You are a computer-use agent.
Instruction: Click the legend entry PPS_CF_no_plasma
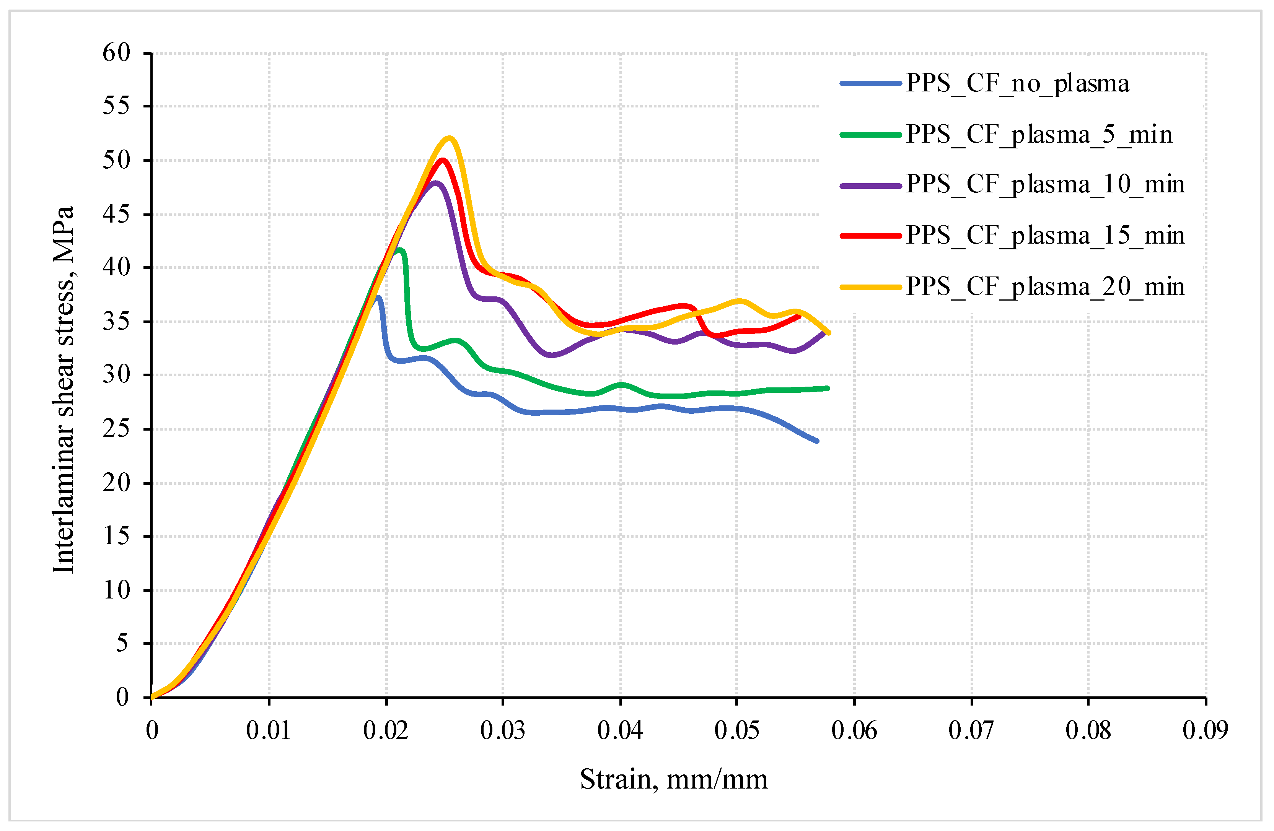[1017, 83]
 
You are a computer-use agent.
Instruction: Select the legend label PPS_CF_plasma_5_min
[1038, 134]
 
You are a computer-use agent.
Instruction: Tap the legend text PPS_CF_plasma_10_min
[1045, 185]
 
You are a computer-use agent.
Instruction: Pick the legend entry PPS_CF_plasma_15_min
[1045, 236]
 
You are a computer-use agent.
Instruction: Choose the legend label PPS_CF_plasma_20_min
[1045, 287]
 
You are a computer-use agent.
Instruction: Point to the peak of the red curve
[443, 159]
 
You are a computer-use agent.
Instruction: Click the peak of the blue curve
[378, 297]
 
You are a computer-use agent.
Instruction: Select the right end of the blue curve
[817, 441]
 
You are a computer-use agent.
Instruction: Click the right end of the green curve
[828, 388]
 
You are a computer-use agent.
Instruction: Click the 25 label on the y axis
[117, 429]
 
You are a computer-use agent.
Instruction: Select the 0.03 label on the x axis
[503, 730]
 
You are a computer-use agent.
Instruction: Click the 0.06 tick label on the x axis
[854, 730]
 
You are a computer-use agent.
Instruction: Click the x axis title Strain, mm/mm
[673, 779]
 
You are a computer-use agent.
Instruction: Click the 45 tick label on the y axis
[117, 214]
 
